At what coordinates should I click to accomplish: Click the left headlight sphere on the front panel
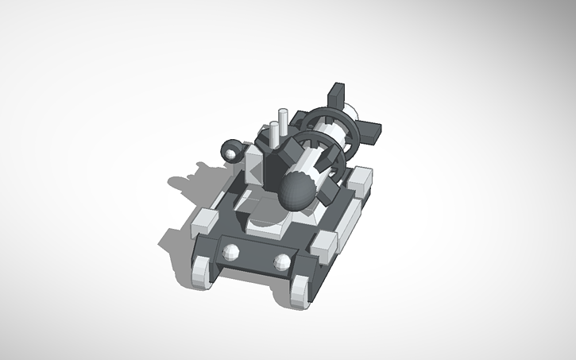[232, 254]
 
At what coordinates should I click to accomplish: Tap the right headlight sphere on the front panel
[282, 261]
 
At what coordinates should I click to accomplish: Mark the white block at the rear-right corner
[361, 181]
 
